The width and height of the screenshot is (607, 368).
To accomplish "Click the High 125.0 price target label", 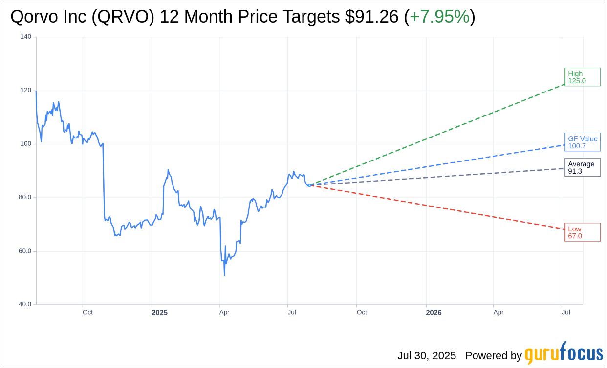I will point(582,77).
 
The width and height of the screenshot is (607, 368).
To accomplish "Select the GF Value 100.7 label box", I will point(582,142).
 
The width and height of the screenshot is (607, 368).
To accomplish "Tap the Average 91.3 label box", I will point(582,167).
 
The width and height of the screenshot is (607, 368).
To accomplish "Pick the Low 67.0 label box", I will point(582,232).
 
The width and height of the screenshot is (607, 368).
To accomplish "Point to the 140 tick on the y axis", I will point(26,37).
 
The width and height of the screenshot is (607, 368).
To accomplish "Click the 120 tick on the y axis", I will point(26,90).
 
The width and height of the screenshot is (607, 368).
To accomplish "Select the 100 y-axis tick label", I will point(26,144).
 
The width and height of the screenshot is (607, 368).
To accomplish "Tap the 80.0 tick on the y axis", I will point(25,197).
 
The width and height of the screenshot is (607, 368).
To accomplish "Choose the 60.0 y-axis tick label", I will point(25,251).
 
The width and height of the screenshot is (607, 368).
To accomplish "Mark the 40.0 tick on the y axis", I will point(25,304).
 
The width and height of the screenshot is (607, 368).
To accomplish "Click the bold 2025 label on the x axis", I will point(159,312).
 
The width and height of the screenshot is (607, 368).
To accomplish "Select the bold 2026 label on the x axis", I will point(434,312).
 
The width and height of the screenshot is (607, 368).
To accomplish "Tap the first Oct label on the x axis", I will point(87,312).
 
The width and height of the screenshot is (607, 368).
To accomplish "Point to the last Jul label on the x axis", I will point(566,312).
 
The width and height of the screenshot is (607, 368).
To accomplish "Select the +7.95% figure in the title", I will point(439,17).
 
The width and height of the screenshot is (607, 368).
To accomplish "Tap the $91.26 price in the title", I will point(371,17).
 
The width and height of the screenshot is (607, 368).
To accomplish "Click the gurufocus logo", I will point(564,353).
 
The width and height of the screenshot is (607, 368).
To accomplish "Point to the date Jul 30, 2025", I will point(426,355).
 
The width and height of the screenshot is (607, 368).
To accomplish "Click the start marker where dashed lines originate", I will point(309,185).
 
